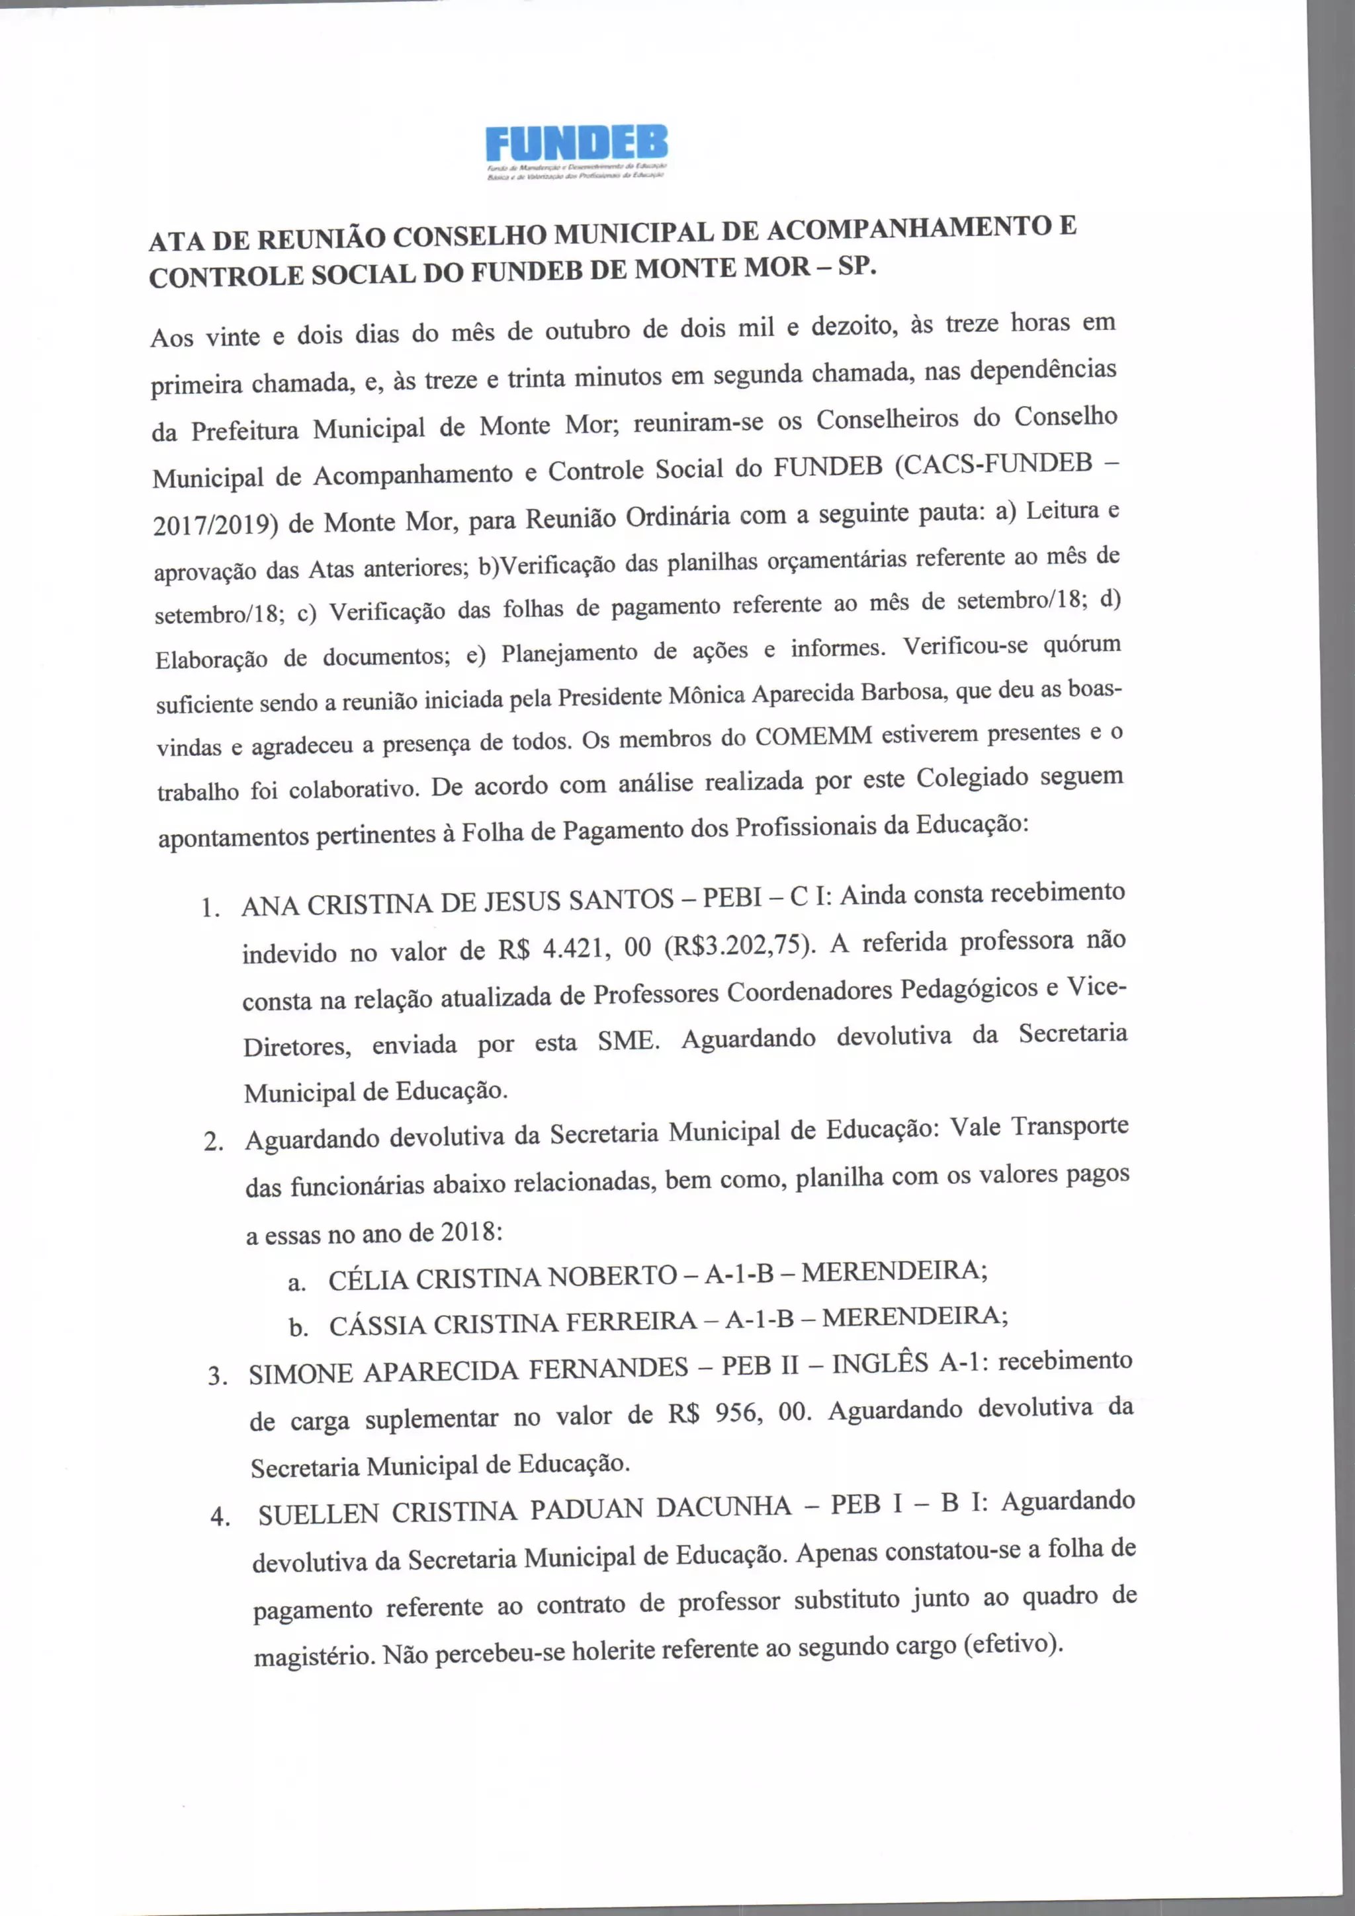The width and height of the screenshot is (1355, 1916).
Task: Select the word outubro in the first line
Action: tap(587, 331)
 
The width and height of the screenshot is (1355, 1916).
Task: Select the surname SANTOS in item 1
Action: tap(621, 900)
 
